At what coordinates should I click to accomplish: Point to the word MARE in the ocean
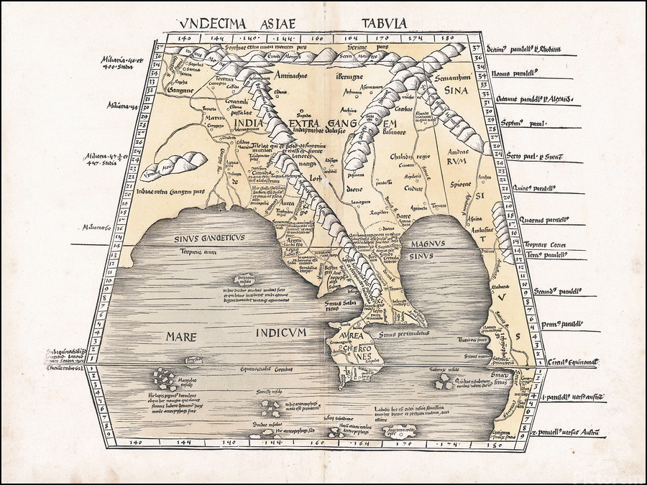(x=180, y=335)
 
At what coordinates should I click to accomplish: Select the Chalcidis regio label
(x=410, y=156)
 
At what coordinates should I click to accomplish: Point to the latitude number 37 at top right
(x=477, y=48)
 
